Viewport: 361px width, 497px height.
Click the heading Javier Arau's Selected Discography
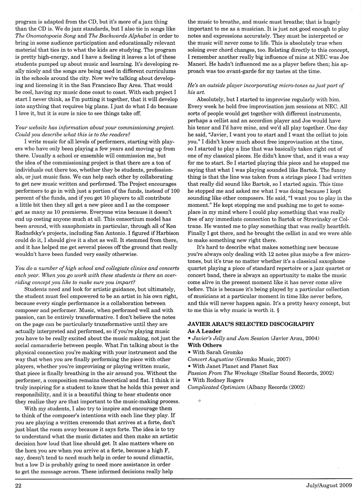(x=251, y=324)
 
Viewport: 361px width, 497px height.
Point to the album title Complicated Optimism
(x=216, y=387)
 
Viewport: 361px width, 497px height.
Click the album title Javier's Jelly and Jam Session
(x=230, y=338)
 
